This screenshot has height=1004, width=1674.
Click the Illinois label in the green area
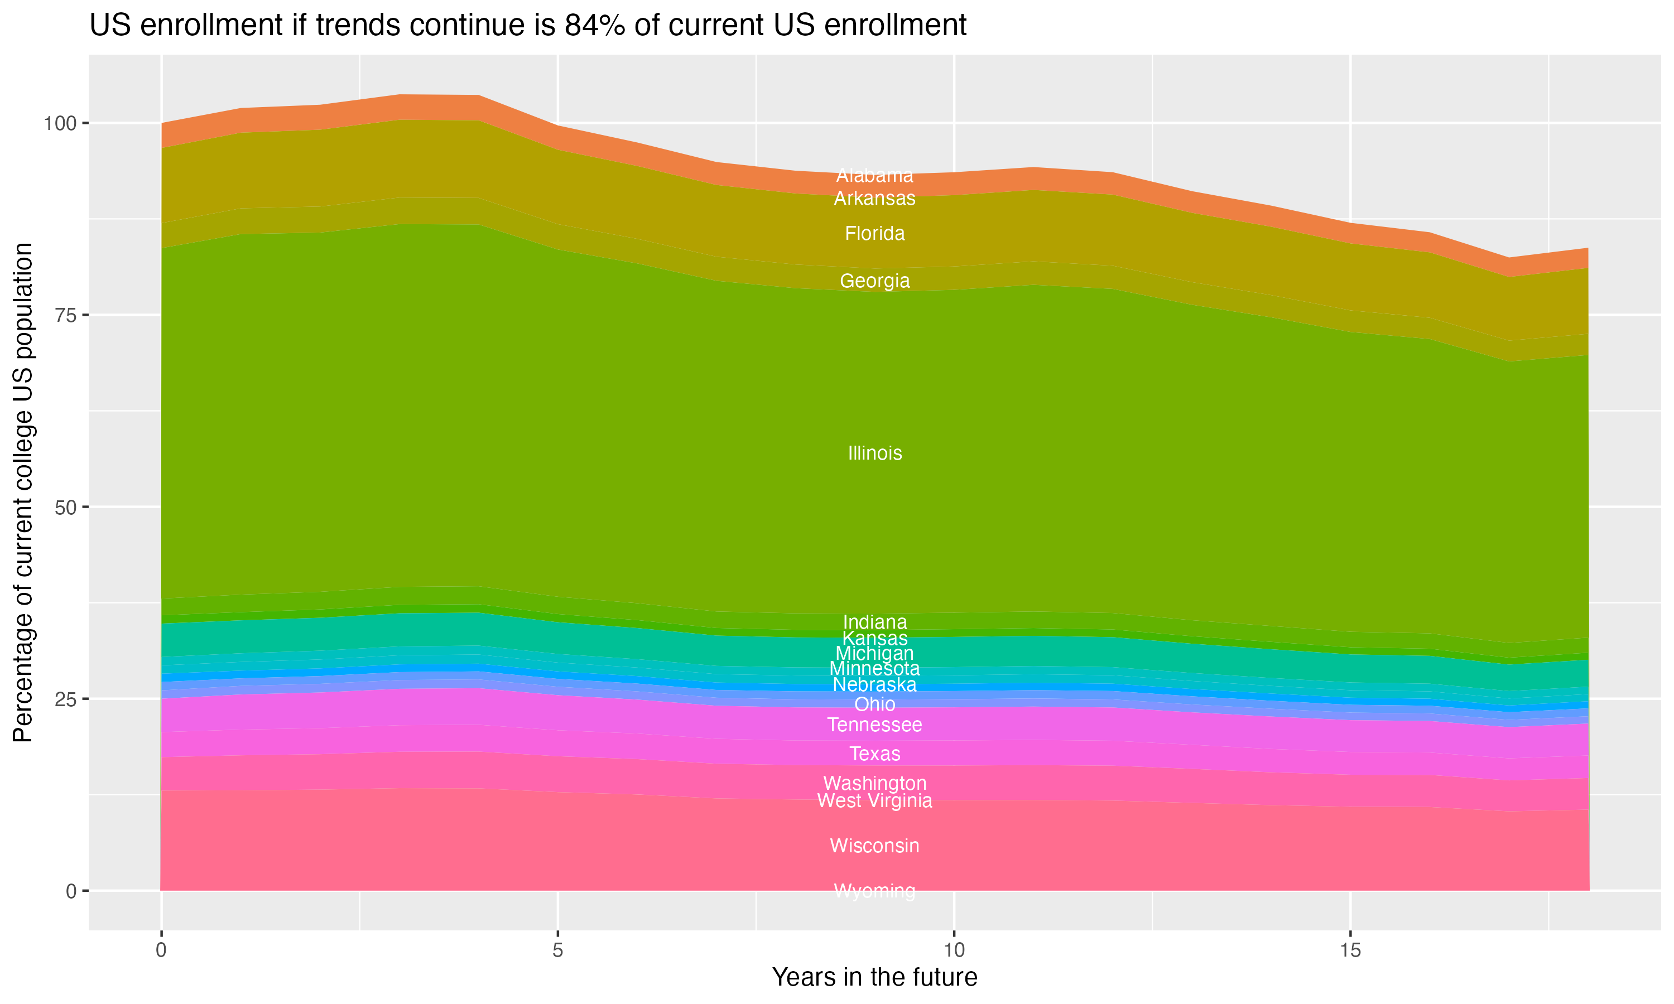pyautogui.click(x=874, y=453)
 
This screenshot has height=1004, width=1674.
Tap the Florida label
pyautogui.click(x=874, y=233)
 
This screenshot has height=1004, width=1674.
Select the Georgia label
pyautogui.click(x=874, y=281)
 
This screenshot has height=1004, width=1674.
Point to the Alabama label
pyautogui.click(x=874, y=175)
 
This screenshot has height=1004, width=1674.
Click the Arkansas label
pyautogui.click(x=874, y=198)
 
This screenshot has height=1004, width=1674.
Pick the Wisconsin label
pyautogui.click(x=874, y=846)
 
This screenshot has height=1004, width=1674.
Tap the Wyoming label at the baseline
pyautogui.click(x=874, y=891)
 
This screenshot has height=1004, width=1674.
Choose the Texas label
pyautogui.click(x=874, y=754)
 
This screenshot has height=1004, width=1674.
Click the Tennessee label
pyautogui.click(x=874, y=725)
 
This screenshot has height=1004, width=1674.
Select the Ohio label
pyautogui.click(x=874, y=704)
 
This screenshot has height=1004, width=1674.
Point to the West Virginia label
pyautogui.click(x=874, y=801)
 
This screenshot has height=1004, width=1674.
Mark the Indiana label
pyautogui.click(x=874, y=622)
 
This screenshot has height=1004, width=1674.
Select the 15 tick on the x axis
pyautogui.click(x=1350, y=950)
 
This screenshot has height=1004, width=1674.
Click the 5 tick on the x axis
pyautogui.click(x=557, y=950)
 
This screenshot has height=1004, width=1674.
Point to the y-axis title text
pyautogui.click(x=23, y=493)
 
